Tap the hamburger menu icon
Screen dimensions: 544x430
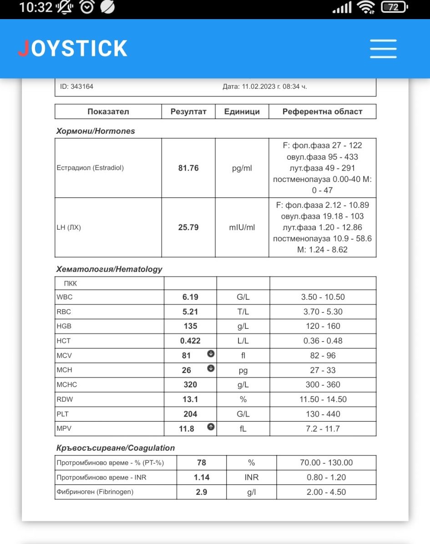[x=383, y=49]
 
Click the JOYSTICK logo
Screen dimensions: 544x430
[x=73, y=49]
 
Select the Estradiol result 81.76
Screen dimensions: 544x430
[x=188, y=168]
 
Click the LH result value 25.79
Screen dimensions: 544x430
[x=188, y=227]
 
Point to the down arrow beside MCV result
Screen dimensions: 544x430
[x=211, y=354]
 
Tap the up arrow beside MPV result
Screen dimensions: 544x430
[x=211, y=427]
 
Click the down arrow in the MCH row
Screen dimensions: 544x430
[x=211, y=368]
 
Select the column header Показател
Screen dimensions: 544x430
[x=108, y=111]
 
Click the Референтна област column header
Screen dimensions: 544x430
[x=323, y=111]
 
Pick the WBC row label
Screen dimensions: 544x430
[x=65, y=297]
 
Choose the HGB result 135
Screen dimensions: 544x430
[x=190, y=326]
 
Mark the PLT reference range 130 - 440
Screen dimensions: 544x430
[x=323, y=414]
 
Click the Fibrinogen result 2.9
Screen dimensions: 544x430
[x=202, y=492]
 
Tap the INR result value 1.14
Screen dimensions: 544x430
[x=202, y=478]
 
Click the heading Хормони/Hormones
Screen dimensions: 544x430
[x=96, y=131]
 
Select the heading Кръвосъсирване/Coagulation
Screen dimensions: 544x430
[x=116, y=448]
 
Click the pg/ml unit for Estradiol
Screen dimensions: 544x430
[x=242, y=168]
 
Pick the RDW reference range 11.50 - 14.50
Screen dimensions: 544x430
[x=323, y=399]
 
